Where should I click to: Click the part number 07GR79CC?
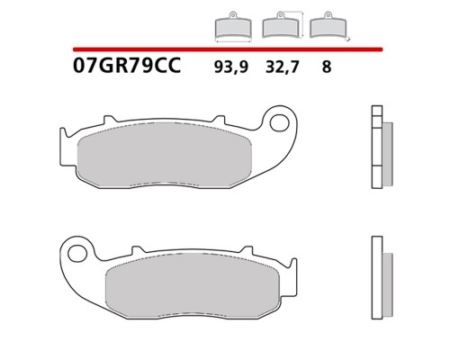(x=127, y=66)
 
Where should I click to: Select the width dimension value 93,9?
(x=231, y=67)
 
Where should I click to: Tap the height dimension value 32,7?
(x=283, y=67)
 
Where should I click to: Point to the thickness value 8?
(x=327, y=67)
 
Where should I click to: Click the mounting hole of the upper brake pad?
(x=279, y=123)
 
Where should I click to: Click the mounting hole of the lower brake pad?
(x=77, y=254)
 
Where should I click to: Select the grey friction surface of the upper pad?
(x=165, y=154)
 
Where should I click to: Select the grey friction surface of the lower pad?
(x=193, y=284)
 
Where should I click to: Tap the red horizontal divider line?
(x=228, y=49)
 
